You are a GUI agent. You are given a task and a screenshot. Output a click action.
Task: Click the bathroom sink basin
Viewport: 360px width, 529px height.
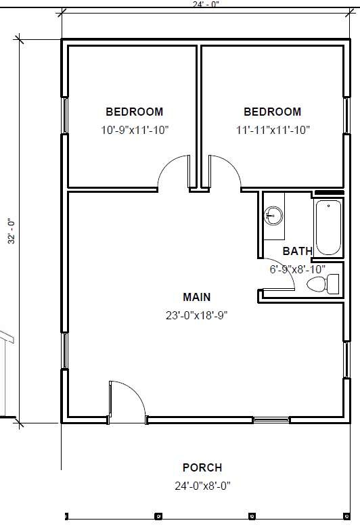[x=273, y=216]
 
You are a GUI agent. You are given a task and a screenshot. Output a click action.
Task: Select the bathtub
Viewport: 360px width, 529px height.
[x=329, y=227]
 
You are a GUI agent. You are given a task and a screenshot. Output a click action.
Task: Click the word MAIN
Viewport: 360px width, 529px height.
[x=197, y=297]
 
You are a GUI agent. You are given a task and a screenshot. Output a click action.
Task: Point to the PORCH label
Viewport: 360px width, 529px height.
[x=202, y=467]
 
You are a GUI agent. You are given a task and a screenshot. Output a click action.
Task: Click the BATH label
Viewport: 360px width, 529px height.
[x=298, y=251]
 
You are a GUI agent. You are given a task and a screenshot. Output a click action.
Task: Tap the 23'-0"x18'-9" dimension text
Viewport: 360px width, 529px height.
[x=197, y=315]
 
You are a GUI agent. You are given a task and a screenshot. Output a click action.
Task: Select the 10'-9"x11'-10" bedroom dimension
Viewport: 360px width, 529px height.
[x=135, y=130]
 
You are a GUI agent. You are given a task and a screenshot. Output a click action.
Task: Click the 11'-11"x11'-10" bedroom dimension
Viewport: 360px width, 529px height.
[x=273, y=130]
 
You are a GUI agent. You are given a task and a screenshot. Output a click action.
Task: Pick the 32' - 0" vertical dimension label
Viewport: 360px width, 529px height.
[x=12, y=231]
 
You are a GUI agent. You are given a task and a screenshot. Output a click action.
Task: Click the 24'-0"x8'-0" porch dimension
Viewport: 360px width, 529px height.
[x=202, y=486]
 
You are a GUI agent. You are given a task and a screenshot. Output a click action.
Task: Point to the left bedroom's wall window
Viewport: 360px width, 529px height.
[x=64, y=116]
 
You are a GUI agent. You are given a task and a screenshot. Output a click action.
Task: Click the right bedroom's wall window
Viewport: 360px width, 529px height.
[x=347, y=116]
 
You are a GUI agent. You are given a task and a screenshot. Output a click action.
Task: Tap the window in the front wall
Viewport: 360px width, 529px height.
[x=271, y=420]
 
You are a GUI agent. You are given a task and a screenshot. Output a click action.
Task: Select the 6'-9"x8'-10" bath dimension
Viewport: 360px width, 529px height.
[x=298, y=269]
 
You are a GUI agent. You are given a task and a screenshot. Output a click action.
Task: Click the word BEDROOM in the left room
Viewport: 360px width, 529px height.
[x=135, y=112]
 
